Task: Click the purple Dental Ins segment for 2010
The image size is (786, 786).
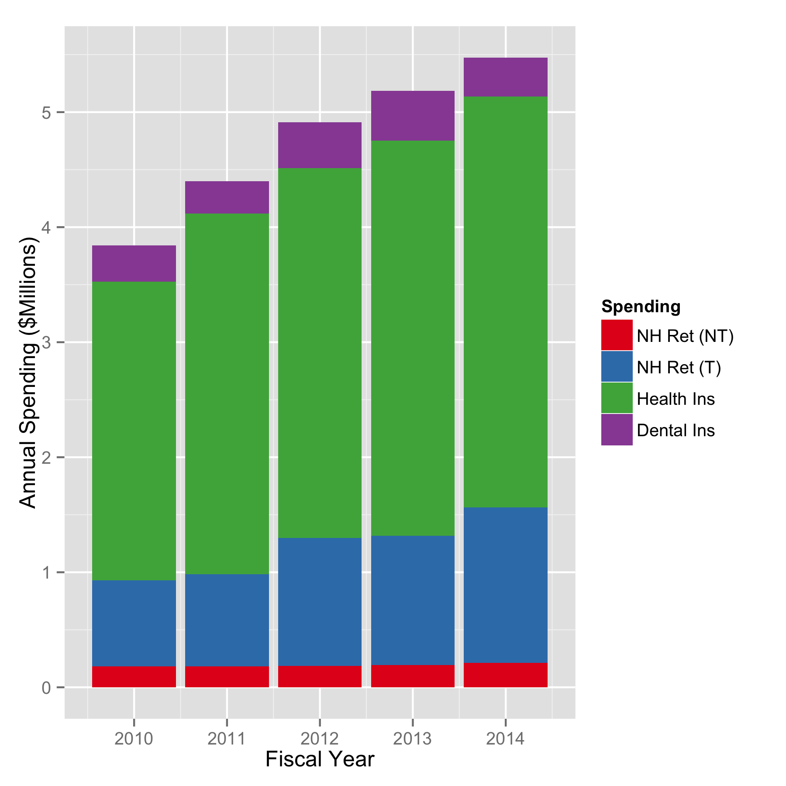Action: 134,263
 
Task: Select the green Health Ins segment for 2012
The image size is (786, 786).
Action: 320,353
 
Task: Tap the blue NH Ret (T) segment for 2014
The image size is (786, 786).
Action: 505,585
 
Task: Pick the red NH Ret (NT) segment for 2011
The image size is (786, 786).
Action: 227,676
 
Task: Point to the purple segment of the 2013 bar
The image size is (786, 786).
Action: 413,116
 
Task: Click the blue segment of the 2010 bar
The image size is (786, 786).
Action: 134,623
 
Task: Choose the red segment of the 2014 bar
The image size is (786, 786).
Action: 505,675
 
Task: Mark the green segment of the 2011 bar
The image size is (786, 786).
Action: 227,394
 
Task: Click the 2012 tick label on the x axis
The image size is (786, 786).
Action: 320,738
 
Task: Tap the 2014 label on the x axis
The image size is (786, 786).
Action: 505,738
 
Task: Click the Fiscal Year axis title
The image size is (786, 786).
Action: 320,759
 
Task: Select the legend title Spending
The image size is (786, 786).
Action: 641,307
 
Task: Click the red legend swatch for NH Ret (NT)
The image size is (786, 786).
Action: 617,335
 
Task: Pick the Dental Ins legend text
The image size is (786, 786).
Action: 676,431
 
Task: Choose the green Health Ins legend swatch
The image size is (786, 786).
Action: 617,398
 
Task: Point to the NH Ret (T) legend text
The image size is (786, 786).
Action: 679,368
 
